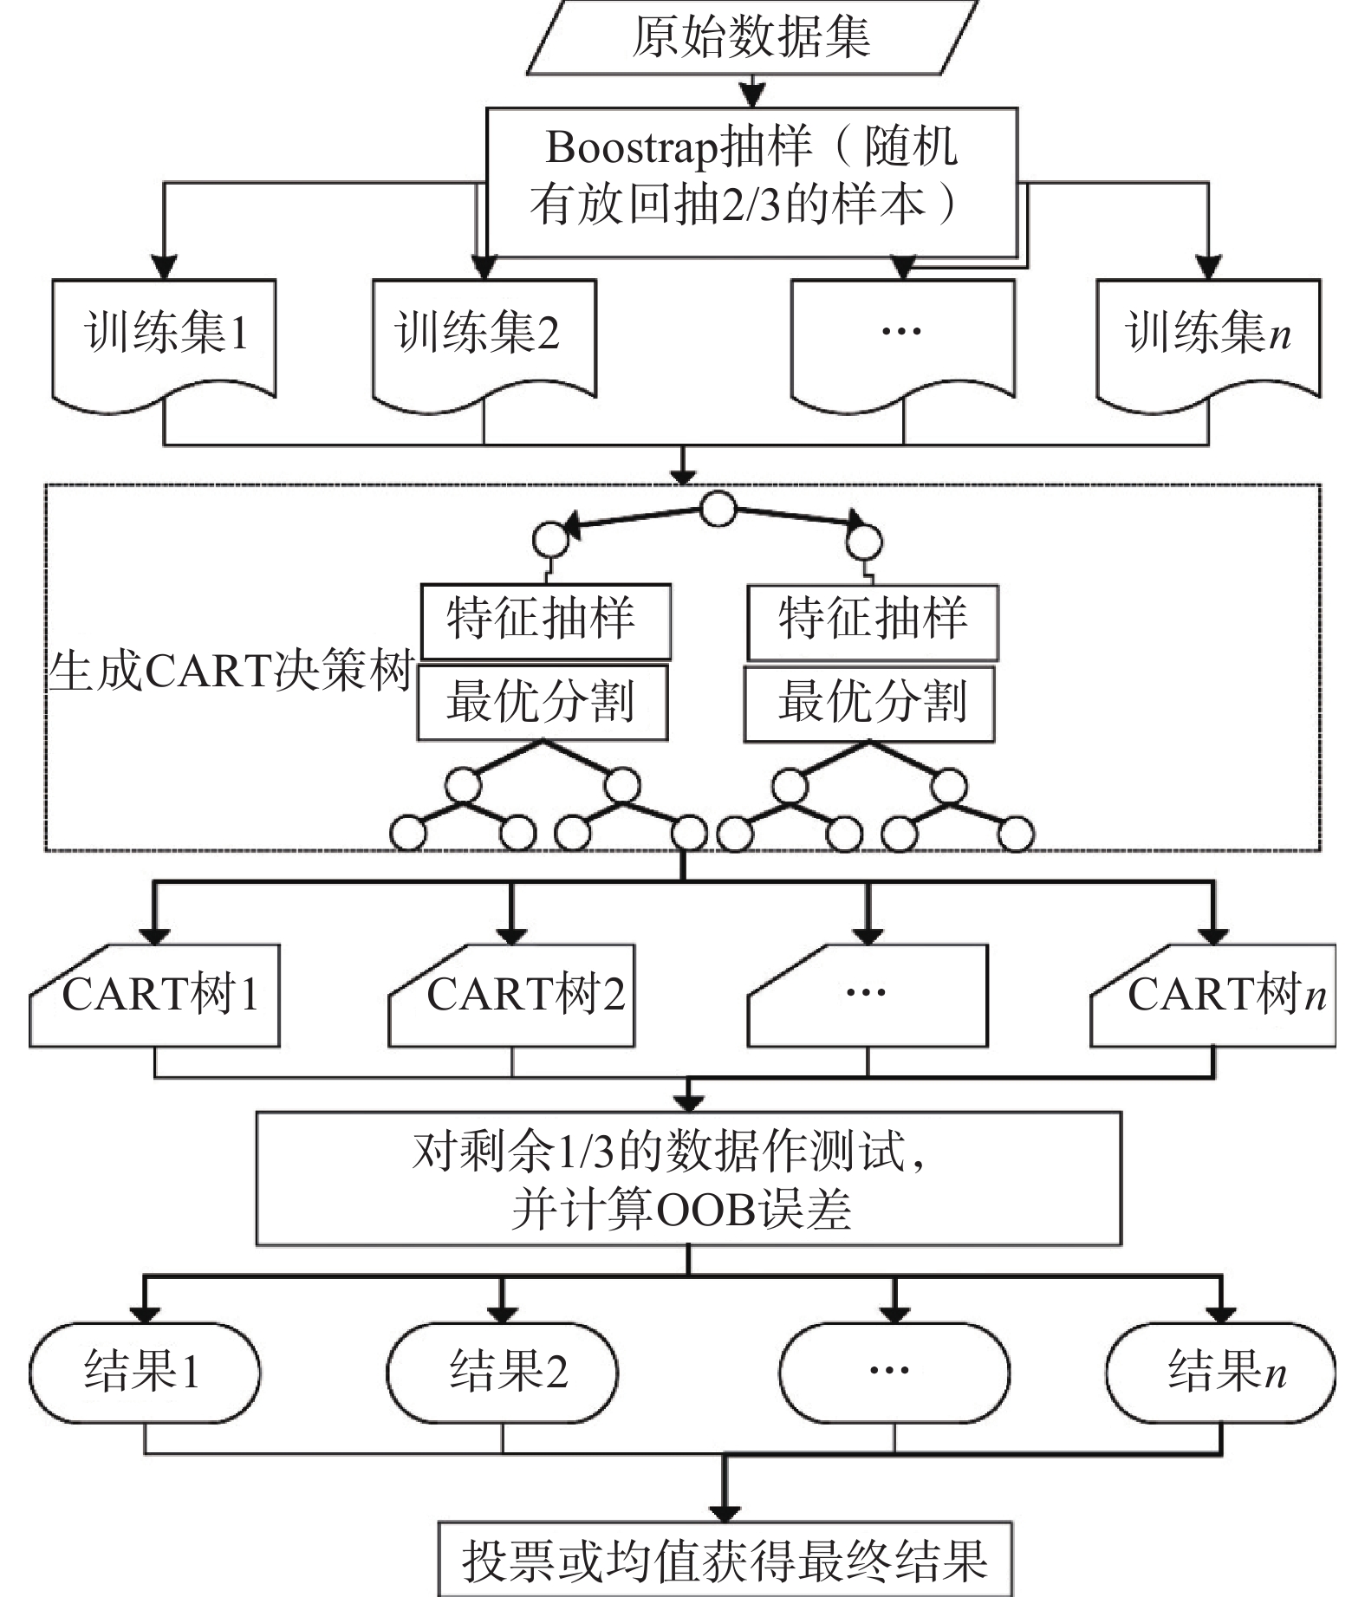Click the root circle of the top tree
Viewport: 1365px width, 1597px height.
pos(718,510)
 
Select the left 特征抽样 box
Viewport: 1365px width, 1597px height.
pos(546,620)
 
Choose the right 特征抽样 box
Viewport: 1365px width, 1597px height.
pos(873,622)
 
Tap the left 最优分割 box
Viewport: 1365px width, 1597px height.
pos(543,702)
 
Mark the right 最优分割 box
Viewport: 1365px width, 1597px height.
pos(869,703)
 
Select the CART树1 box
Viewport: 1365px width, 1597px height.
pos(156,997)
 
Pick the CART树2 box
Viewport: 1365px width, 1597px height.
pos(512,997)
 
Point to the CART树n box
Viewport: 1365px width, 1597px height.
pos(1213,997)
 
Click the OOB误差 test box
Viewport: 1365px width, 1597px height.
pos(688,1178)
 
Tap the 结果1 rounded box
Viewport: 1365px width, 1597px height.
pos(145,1373)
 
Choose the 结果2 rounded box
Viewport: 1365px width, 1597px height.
pos(502,1373)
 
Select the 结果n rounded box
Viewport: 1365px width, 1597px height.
pos(1221,1373)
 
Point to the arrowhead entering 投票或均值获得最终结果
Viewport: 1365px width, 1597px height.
pos(725,1512)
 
